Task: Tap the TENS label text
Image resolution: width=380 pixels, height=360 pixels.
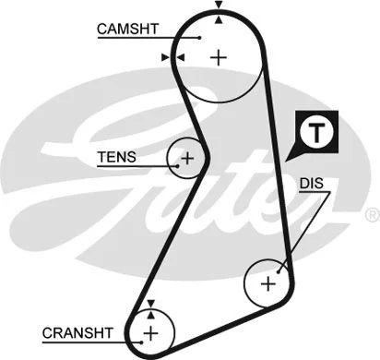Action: (116, 157)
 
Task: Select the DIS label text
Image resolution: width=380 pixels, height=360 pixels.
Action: (312, 183)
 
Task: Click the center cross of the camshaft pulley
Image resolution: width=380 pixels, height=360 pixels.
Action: (218, 57)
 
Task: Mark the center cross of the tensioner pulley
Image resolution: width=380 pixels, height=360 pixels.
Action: (187, 159)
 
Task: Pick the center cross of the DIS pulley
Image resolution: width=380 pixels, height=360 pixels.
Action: (268, 283)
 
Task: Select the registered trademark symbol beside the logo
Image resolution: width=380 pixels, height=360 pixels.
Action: (371, 214)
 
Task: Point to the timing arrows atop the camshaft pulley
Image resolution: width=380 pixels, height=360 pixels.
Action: (218, 9)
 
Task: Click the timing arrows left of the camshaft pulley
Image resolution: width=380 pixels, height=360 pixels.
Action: (173, 57)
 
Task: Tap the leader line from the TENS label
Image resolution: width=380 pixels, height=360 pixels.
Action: (157, 164)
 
